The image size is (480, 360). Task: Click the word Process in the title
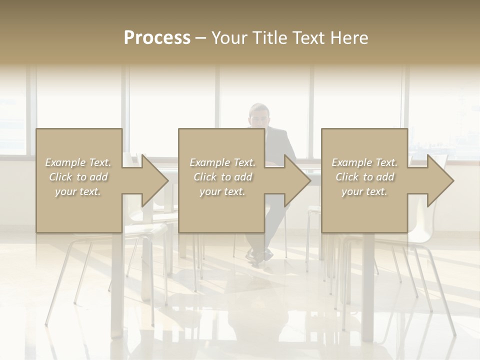tap(157, 38)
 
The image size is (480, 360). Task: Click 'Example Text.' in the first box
tap(78, 162)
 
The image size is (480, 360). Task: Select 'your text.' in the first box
tap(78, 191)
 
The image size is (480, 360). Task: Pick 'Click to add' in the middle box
tap(222, 177)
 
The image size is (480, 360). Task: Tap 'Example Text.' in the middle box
tap(222, 162)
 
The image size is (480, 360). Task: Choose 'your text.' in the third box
tap(364, 191)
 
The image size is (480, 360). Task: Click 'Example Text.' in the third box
tap(364, 162)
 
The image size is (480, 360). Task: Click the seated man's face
tap(259, 116)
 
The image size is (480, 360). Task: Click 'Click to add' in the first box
tap(78, 177)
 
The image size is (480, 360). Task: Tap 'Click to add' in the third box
tap(364, 177)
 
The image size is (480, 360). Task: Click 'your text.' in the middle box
tap(222, 191)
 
